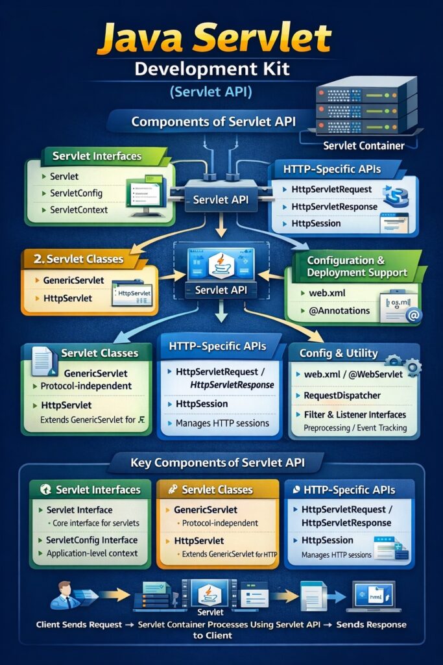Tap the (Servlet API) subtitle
tap(211, 92)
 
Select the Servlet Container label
tap(363, 146)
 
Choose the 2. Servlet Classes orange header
tap(78, 258)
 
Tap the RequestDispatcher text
tap(342, 395)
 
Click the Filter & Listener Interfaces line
tap(354, 414)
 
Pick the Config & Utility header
tap(338, 353)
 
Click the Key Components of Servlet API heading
tap(217, 463)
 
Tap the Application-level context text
tap(92, 553)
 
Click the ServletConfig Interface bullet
tap(91, 540)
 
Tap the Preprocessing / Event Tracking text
tap(355, 427)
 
